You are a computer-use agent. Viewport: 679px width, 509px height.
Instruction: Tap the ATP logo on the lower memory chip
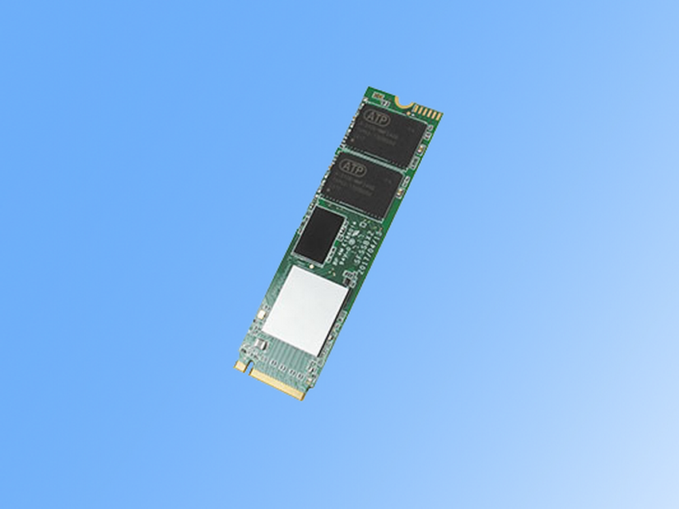(x=351, y=165)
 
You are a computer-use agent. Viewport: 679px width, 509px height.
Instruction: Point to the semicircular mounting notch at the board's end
(x=404, y=102)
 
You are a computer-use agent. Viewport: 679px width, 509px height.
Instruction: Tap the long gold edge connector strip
(x=279, y=384)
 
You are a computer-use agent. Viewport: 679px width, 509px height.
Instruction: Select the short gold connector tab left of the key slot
(x=240, y=365)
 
